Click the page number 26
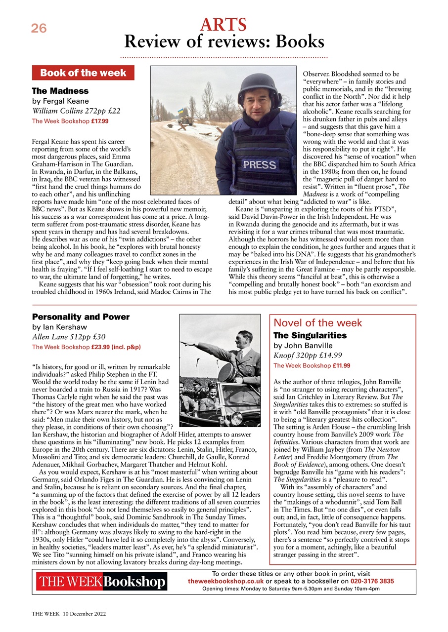point(39,29)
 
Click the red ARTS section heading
point(224,24)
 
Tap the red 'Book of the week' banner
point(83,73)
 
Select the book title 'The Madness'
point(60,91)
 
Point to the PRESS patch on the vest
point(260,164)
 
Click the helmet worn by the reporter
point(259,87)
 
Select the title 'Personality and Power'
point(81,317)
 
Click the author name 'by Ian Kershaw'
point(59,327)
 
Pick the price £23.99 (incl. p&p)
point(116,347)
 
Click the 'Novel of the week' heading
point(318,323)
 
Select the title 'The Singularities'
point(310,335)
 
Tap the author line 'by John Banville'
point(303,346)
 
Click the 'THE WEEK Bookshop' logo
point(101,582)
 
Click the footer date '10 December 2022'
point(85,614)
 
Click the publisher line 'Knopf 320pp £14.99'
point(307,355)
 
